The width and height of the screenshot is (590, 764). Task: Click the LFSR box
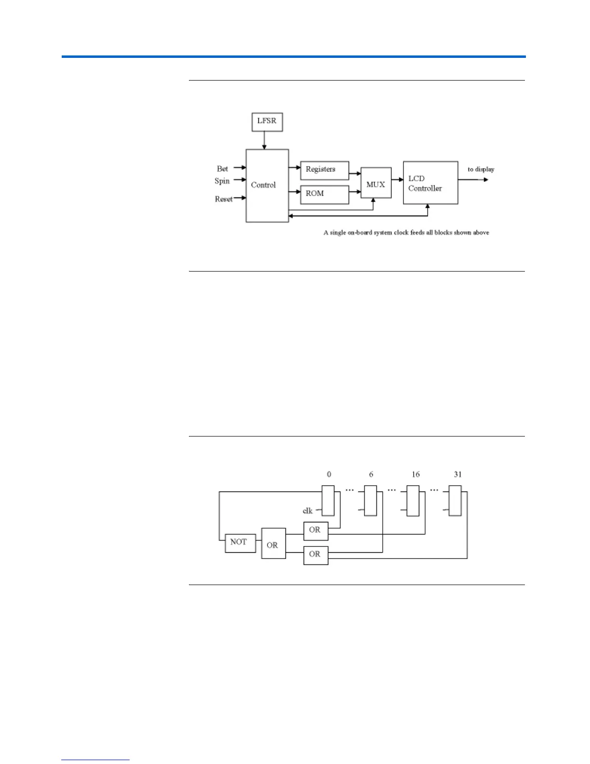pos(267,122)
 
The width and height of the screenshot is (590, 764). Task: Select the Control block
pos(267,186)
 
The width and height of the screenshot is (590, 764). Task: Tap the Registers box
pos(324,170)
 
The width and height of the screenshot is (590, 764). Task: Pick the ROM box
pos(324,194)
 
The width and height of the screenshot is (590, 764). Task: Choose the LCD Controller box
pos(430,183)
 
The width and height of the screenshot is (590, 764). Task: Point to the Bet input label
pos(222,169)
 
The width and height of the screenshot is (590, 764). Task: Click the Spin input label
pos(222,181)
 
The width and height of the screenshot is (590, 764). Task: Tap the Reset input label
pos(224,199)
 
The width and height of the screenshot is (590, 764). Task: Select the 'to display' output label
pos(481,169)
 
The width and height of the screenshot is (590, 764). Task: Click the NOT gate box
pos(241,543)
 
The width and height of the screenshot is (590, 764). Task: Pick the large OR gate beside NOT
pos(273,544)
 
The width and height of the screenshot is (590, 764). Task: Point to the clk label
pos(308,511)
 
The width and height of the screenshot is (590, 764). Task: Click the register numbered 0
pos(328,501)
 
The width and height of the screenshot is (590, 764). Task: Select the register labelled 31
pos(455,501)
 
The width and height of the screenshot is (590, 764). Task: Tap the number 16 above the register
pos(416,475)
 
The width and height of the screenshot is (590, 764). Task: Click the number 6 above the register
pos(371,475)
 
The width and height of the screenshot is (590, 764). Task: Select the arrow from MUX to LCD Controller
pos(397,179)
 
